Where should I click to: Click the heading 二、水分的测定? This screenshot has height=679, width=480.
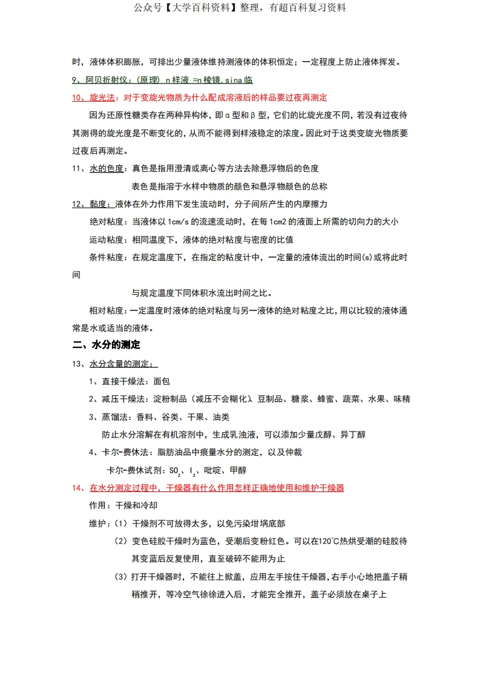click(x=106, y=345)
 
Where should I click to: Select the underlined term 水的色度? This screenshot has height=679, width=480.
click(x=107, y=168)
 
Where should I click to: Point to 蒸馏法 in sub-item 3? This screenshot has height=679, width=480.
click(x=114, y=417)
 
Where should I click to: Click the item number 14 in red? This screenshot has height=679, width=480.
click(x=77, y=488)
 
